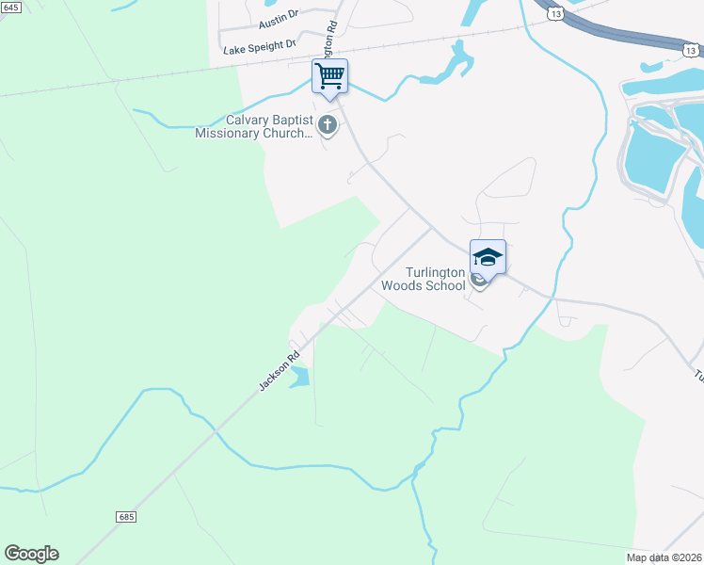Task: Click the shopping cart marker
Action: (x=329, y=76)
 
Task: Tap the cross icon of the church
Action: (x=328, y=124)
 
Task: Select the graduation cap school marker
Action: (x=488, y=257)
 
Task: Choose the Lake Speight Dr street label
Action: (x=260, y=45)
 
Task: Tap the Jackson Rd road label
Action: (x=279, y=371)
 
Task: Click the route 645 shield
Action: (x=9, y=7)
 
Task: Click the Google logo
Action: (x=31, y=554)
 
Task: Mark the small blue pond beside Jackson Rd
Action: (x=299, y=378)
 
